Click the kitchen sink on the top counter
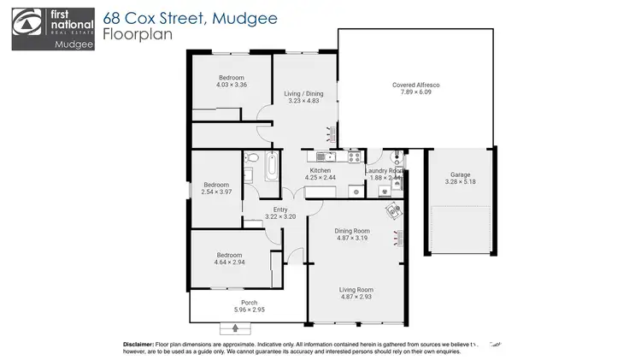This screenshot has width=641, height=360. [323, 156]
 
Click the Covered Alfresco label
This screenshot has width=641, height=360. [415, 85]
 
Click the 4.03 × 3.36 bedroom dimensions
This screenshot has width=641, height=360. [231, 85]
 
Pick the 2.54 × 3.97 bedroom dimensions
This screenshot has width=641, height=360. [215, 192]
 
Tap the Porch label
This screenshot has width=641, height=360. [249, 302]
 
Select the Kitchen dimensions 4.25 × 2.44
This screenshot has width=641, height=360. [322, 178]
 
